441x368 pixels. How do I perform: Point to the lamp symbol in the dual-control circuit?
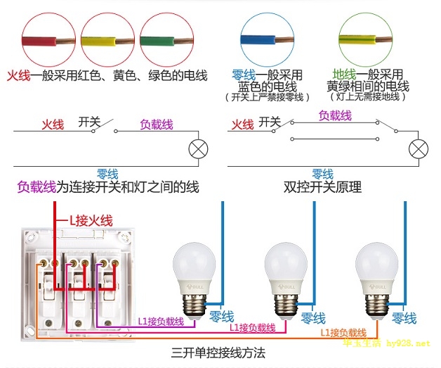click(419, 149)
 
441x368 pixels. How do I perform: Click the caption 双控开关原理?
click(322, 188)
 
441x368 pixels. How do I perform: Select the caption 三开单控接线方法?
click(218, 351)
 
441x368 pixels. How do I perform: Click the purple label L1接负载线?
click(160, 321)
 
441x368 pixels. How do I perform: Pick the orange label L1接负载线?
click(343, 331)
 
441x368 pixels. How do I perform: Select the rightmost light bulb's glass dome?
click(381, 262)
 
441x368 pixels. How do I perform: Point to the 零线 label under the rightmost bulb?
click(404, 318)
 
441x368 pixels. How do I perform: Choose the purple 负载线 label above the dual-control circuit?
click(335, 114)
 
